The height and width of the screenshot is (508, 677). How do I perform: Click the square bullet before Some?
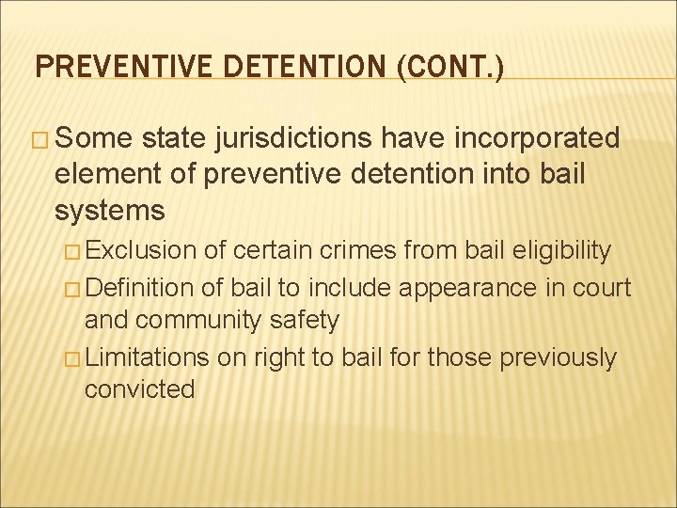click(x=40, y=140)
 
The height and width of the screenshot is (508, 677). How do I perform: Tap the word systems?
click(x=110, y=209)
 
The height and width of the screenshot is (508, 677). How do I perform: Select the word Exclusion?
click(x=143, y=251)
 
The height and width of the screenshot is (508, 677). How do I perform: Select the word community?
click(x=193, y=321)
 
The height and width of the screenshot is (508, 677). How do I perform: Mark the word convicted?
click(x=139, y=389)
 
